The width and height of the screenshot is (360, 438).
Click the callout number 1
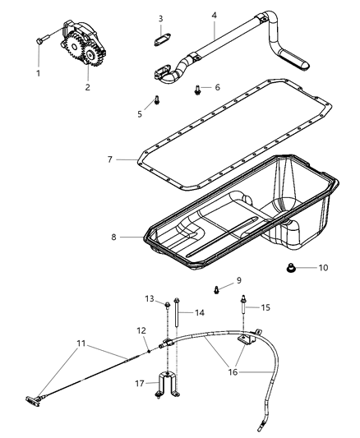38,72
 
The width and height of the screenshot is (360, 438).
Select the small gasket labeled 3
161,36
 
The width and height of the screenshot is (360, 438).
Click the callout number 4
214,14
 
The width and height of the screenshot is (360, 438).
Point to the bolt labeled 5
155,102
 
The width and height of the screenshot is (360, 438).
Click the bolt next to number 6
198,88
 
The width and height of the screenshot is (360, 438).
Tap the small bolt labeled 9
216,288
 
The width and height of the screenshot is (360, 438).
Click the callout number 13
150,298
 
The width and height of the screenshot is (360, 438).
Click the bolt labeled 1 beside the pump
39,39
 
